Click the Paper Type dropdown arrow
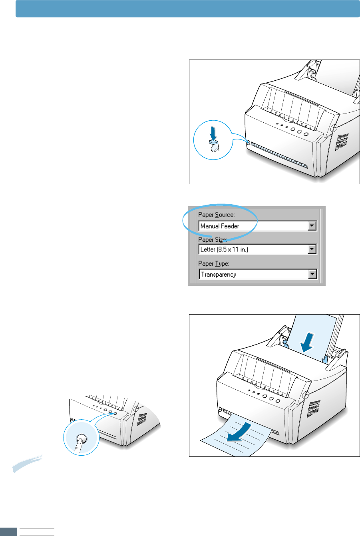pyautogui.click(x=312, y=274)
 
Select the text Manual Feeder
pyautogui.click(x=220, y=226)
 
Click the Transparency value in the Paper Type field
pyautogui.click(x=219, y=275)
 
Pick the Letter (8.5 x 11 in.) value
pyautogui.click(x=227, y=250)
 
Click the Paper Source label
pyautogui.click(x=217, y=215)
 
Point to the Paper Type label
pyautogui.click(x=214, y=264)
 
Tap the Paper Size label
pyautogui.click(x=213, y=239)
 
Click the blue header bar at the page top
pyautogui.click(x=187, y=8)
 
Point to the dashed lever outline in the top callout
pyautogui.click(x=215, y=148)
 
